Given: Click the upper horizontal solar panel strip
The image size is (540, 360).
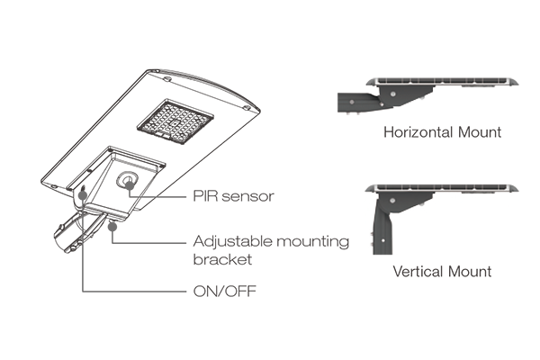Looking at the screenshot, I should click(445, 84).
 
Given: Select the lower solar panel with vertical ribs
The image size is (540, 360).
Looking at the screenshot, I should click(445, 175).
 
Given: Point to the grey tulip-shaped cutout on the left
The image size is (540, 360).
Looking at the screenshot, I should click(82, 195).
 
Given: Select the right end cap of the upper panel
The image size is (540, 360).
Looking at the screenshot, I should click(515, 85).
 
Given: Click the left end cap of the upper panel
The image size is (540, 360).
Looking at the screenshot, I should click(371, 85).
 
